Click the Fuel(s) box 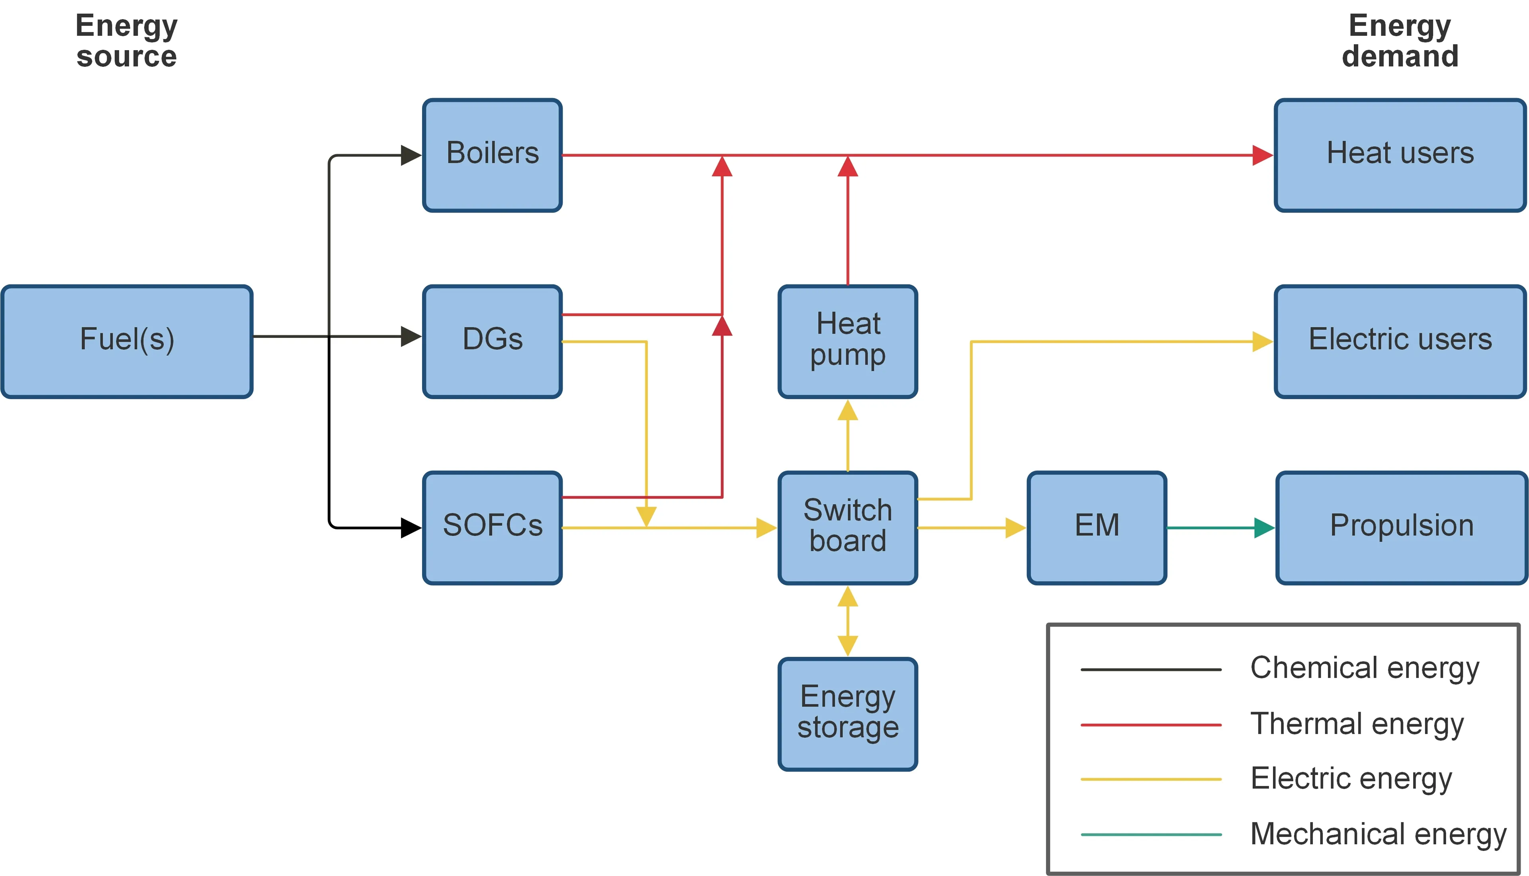(x=127, y=341)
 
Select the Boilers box (x=492, y=155)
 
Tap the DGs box (x=492, y=341)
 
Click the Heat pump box (x=847, y=341)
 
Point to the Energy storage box (x=847, y=714)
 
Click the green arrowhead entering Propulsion (x=1264, y=528)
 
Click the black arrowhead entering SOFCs (x=411, y=528)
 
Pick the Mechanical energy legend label (x=1378, y=835)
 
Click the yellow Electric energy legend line (x=1150, y=779)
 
